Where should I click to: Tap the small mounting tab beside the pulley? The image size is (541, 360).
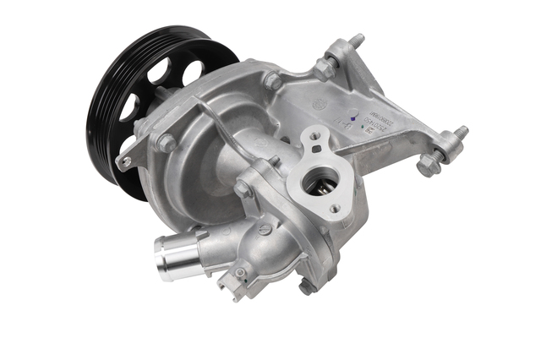pos(125,161)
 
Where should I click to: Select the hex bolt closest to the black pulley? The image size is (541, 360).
pos(166,143)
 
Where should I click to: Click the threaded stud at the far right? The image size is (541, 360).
pos(461,133)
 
